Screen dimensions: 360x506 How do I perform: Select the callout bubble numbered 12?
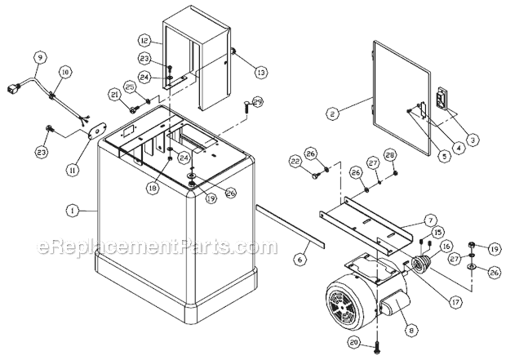click(x=143, y=40)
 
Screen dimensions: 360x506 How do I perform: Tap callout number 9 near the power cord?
click(x=39, y=57)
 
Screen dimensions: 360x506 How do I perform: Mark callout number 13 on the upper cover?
click(x=238, y=73)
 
